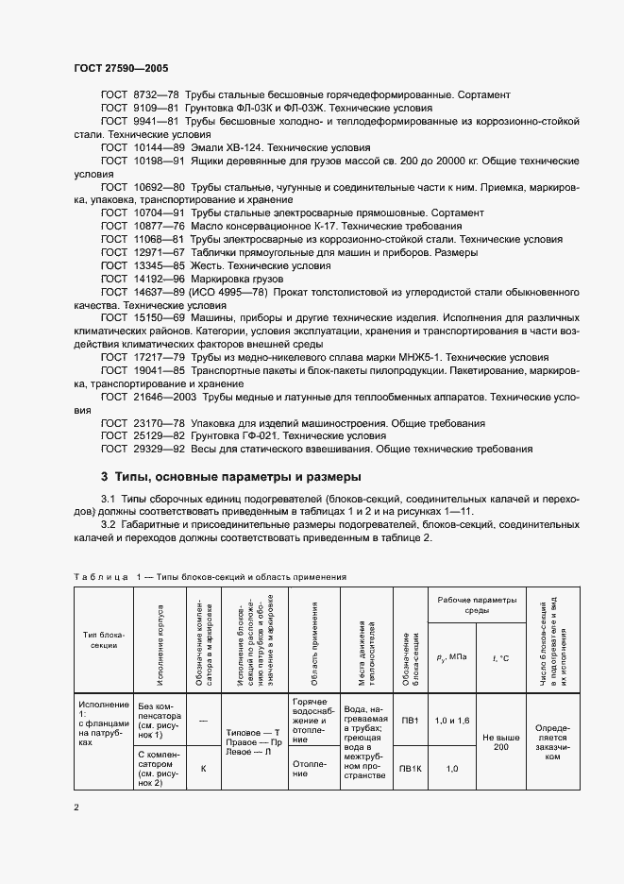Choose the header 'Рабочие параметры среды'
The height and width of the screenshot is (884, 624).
(x=477, y=604)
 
